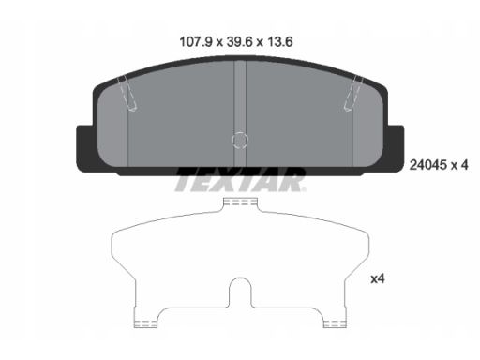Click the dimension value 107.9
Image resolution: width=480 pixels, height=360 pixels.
(196, 42)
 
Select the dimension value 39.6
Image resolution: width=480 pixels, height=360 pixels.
(239, 42)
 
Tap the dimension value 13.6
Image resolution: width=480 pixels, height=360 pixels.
(279, 42)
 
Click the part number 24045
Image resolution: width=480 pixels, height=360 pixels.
(428, 165)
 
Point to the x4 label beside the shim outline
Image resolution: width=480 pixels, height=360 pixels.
(378, 278)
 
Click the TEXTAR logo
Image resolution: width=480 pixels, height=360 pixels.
(240, 180)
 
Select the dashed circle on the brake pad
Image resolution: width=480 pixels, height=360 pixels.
(240, 140)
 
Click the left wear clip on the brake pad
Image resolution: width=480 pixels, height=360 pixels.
(127, 93)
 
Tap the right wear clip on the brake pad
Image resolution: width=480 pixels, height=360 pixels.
(353, 93)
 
